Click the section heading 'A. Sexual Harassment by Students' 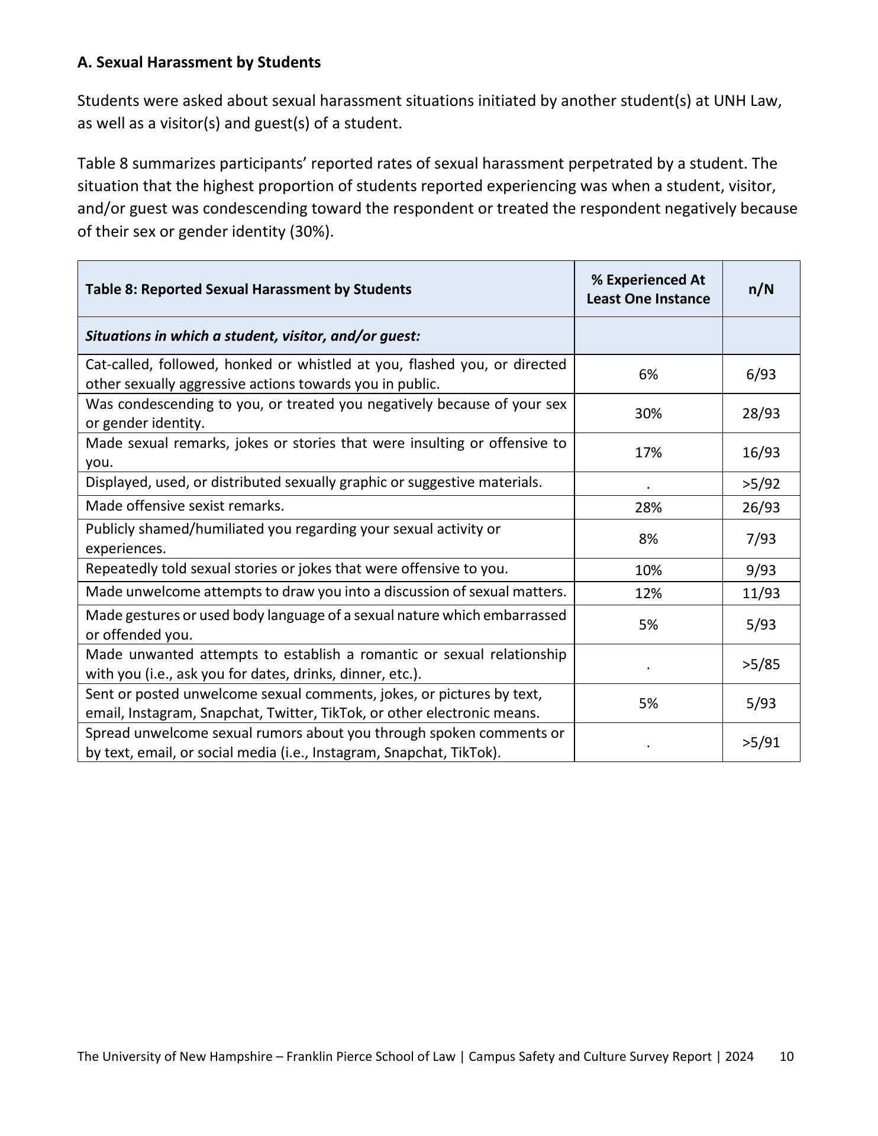click(199, 62)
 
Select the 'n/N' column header click(761, 289)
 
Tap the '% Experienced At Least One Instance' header click(648, 289)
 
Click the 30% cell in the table click(648, 414)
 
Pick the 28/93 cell click(761, 414)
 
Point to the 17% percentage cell click(648, 453)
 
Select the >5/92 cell click(761, 484)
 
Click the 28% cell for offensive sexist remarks click(648, 508)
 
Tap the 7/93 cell click(761, 539)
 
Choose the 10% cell click(648, 570)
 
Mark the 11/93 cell click(761, 593)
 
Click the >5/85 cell click(761, 664)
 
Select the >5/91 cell click(761, 743)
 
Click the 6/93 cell click(761, 375)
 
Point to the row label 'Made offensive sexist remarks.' click(185, 506)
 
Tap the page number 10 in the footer click(786, 1057)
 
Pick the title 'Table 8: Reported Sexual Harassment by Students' click(248, 289)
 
